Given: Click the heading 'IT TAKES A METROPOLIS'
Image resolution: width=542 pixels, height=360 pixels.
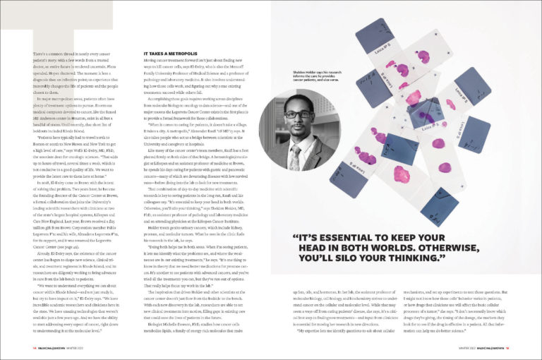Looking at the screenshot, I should [169, 54].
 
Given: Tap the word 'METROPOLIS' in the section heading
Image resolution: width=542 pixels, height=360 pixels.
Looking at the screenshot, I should [180, 54].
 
